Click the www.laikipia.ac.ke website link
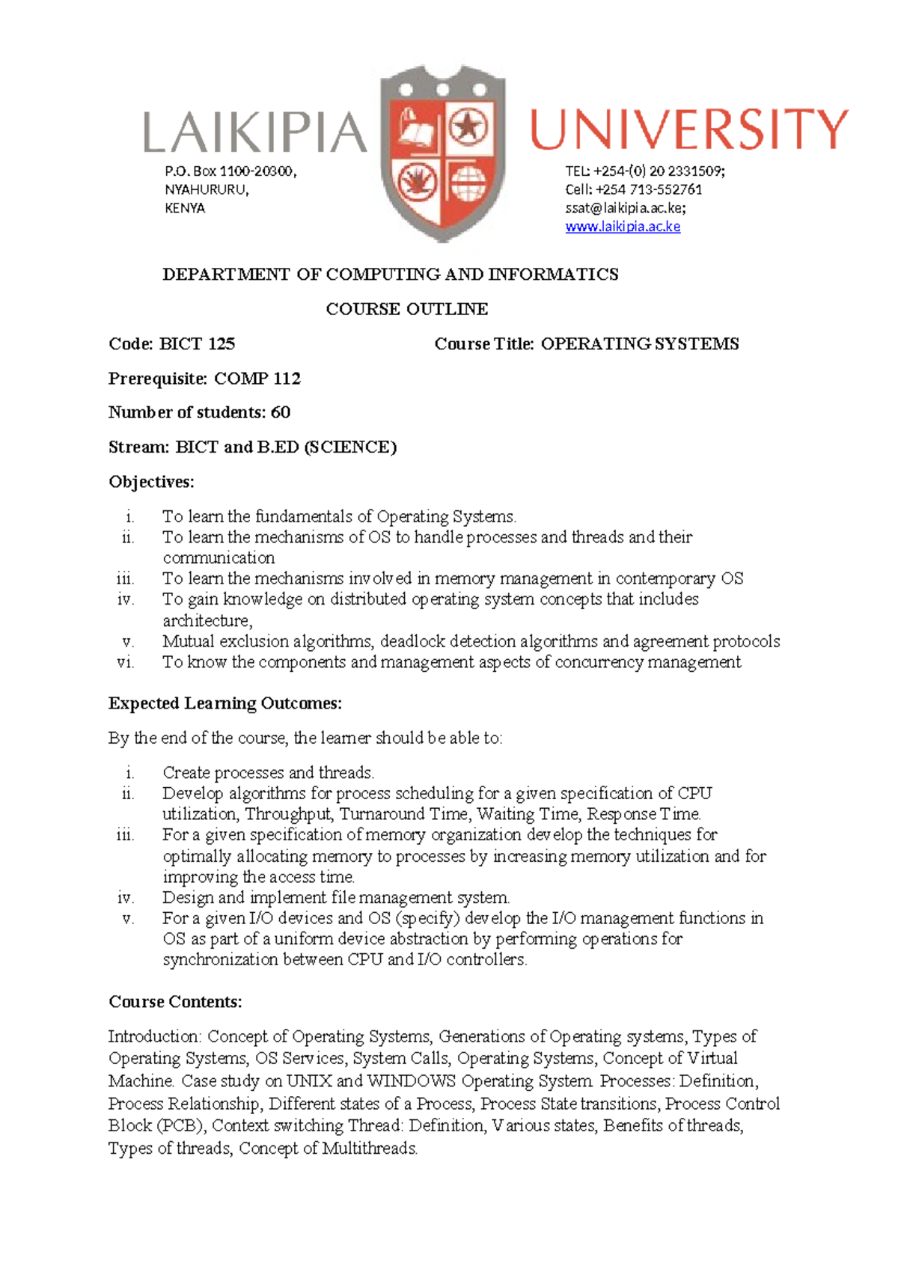pyautogui.click(x=623, y=226)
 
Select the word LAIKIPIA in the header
pyautogui.click(x=254, y=132)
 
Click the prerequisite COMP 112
pyautogui.click(x=257, y=379)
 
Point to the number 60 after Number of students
pyautogui.click(x=281, y=412)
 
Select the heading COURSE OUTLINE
pyautogui.click(x=407, y=309)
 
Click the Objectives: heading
pyautogui.click(x=151, y=482)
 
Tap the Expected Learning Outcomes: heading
pyautogui.click(x=225, y=703)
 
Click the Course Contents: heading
pyautogui.click(x=175, y=1002)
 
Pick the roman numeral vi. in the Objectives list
pyautogui.click(x=126, y=662)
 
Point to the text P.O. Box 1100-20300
pyautogui.click(x=230, y=171)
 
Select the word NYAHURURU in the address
pyautogui.click(x=206, y=189)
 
